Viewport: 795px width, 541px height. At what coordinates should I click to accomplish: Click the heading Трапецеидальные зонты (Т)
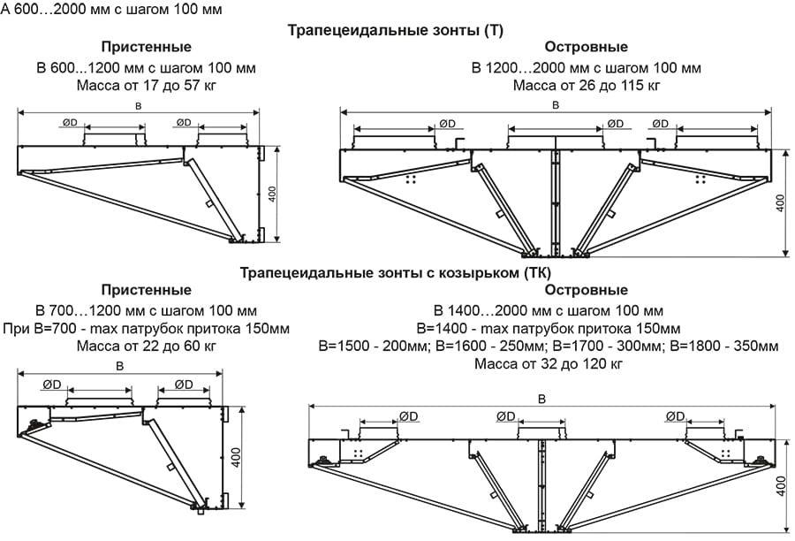pyautogui.click(x=396, y=30)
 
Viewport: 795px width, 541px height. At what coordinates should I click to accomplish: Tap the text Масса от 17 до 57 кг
pyautogui.click(x=147, y=86)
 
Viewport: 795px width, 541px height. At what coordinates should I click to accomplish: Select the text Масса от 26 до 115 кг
pyautogui.click(x=587, y=86)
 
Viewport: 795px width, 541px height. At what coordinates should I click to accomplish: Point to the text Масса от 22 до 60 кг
pyautogui.click(x=147, y=345)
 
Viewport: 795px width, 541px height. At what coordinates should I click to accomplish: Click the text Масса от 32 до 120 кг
pyautogui.click(x=549, y=363)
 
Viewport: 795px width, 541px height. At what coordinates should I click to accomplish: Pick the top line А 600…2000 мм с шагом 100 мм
pyautogui.click(x=111, y=10)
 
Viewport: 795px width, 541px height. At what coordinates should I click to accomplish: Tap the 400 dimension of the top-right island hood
pyautogui.click(x=780, y=203)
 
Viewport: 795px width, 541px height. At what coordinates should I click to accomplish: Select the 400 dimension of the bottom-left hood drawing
pyautogui.click(x=235, y=458)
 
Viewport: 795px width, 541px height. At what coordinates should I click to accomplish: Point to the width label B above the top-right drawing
pyautogui.click(x=555, y=105)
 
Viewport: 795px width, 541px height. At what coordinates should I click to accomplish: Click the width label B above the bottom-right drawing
pyautogui.click(x=541, y=399)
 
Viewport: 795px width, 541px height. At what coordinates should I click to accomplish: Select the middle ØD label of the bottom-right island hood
pyautogui.click(x=505, y=416)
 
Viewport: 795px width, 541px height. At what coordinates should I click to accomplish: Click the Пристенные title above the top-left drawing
pyautogui.click(x=146, y=47)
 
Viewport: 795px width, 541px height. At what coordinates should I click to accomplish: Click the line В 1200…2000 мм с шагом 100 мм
pyautogui.click(x=587, y=67)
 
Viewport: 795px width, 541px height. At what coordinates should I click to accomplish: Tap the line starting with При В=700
pyautogui.click(x=147, y=327)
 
